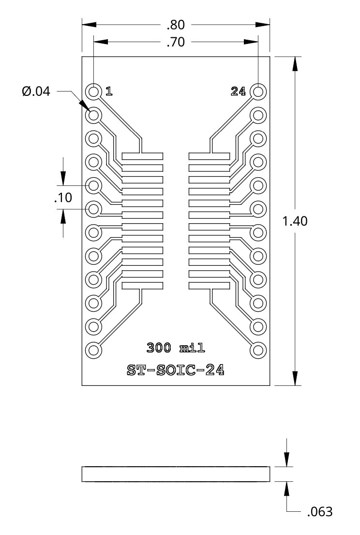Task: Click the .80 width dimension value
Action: (x=176, y=24)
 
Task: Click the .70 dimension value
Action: (x=176, y=42)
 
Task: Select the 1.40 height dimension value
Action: (x=295, y=221)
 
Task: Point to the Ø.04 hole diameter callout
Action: (x=36, y=91)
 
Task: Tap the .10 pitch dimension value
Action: (x=62, y=198)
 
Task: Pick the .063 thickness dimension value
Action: (x=320, y=511)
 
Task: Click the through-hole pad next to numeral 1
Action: (x=93, y=91)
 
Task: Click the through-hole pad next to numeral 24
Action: (x=258, y=91)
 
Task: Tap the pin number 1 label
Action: (x=109, y=91)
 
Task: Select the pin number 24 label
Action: (x=239, y=91)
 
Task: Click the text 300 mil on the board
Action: (x=176, y=347)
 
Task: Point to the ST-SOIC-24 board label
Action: (x=176, y=370)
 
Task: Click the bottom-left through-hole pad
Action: (x=93, y=350)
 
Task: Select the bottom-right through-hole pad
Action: (x=258, y=350)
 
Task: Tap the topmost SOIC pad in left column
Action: (x=142, y=156)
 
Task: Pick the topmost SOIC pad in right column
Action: (x=209, y=156)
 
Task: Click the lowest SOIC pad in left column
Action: (x=142, y=286)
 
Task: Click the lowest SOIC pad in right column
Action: (x=209, y=286)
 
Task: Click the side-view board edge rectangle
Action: (x=176, y=474)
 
